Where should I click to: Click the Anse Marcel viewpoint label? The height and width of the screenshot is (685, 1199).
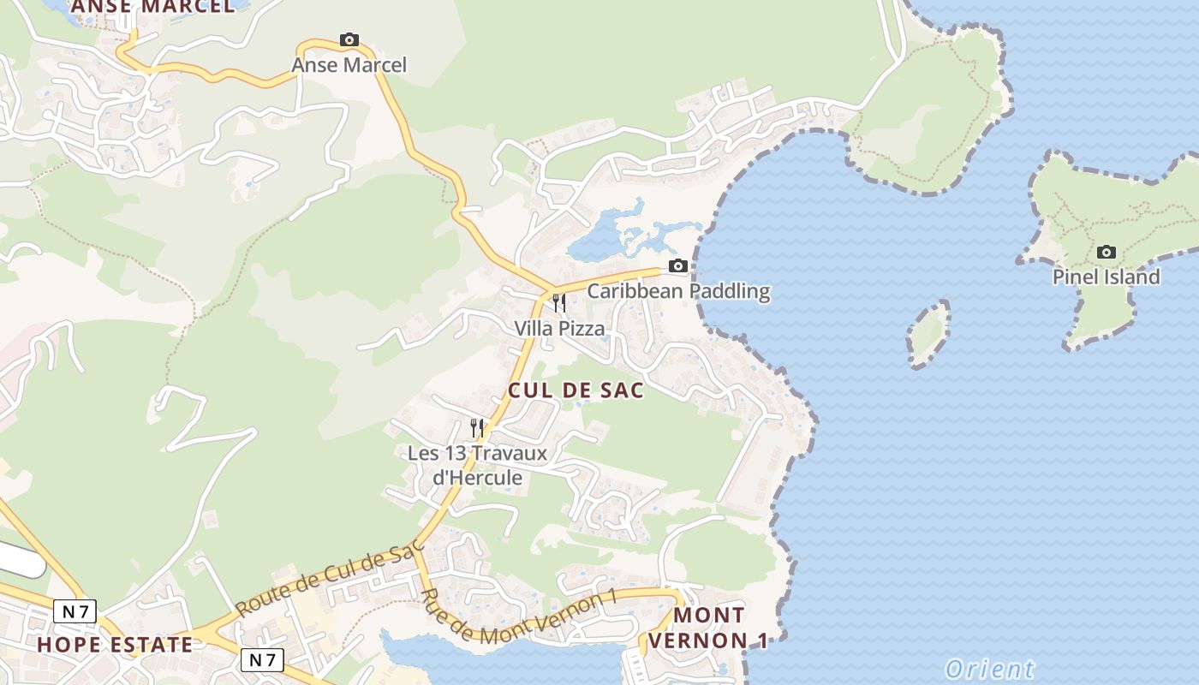click(x=349, y=65)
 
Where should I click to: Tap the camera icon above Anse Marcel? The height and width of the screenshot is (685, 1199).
click(x=349, y=39)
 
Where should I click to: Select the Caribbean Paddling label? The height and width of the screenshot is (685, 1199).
click(x=678, y=291)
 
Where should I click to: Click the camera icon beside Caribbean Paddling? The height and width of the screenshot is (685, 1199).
click(x=678, y=265)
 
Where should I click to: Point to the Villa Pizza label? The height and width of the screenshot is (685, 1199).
click(x=559, y=329)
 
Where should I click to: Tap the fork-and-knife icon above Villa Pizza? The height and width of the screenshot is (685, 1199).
click(x=559, y=302)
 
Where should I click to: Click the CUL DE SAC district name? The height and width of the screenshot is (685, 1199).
click(x=576, y=390)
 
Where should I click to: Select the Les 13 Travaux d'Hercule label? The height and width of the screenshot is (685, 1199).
click(x=477, y=465)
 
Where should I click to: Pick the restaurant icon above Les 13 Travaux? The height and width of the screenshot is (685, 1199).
click(x=477, y=426)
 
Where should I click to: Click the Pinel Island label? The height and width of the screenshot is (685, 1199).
click(x=1107, y=277)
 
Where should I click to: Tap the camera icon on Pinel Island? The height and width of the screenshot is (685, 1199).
click(x=1107, y=252)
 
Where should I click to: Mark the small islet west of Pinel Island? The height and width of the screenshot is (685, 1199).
click(x=928, y=334)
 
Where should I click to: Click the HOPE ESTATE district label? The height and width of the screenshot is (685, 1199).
click(x=115, y=645)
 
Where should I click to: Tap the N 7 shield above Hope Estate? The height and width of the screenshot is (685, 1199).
click(x=75, y=611)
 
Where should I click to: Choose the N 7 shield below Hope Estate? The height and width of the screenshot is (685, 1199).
click(x=262, y=659)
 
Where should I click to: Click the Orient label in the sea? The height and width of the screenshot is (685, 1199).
click(x=989, y=669)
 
